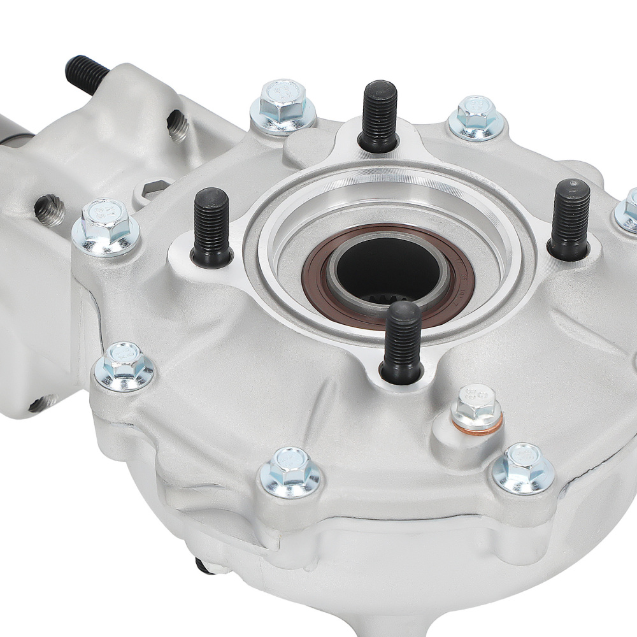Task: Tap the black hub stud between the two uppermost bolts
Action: (380, 115)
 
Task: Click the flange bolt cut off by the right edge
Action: (627, 210)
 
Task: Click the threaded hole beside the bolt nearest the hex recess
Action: (50, 210)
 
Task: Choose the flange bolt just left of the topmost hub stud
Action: (283, 105)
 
